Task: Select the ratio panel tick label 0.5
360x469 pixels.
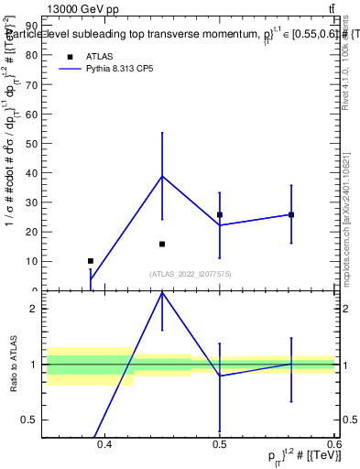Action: (30, 420)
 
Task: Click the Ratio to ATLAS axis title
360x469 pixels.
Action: (13, 365)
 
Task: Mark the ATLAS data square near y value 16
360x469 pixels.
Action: (162, 244)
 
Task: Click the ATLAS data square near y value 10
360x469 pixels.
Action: (90, 261)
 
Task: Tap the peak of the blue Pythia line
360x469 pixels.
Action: (162, 176)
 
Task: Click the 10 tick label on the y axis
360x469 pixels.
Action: (33, 261)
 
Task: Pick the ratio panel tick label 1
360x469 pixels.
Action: (35, 365)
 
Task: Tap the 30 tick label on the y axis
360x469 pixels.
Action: (33, 202)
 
